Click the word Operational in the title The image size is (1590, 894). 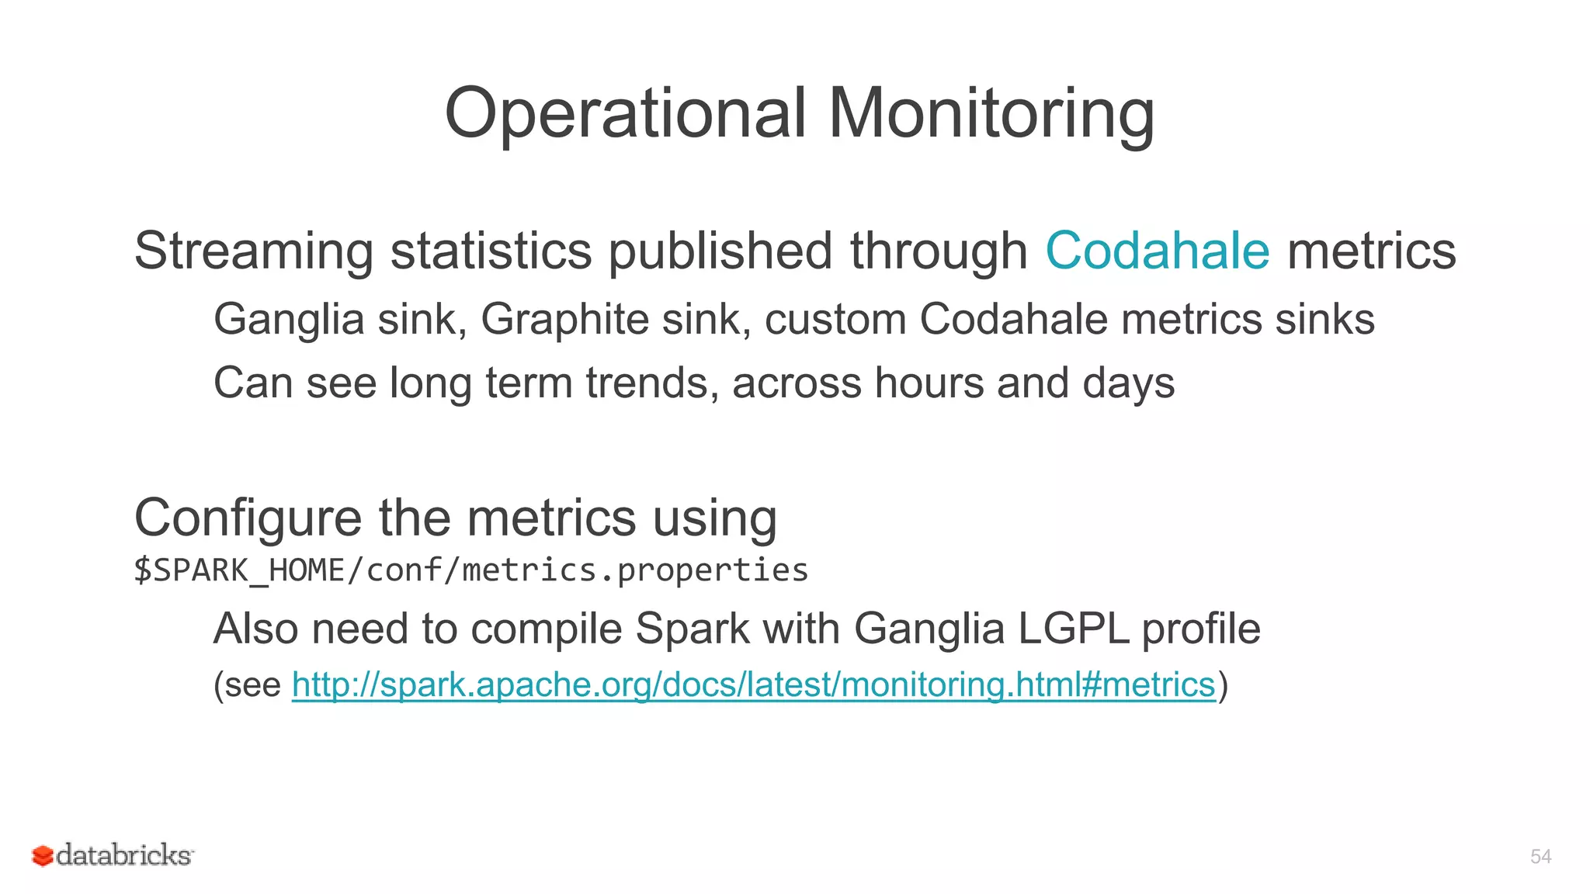tap(626, 113)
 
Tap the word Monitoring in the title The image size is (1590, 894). tap(991, 113)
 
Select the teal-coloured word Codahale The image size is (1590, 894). tap(1158, 251)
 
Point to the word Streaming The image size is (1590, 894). tap(254, 251)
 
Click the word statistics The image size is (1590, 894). tap(491, 251)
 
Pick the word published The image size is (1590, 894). tap(720, 251)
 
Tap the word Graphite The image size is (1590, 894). tap(564, 319)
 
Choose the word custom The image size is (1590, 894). tap(835, 319)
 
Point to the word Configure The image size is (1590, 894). tap(248, 518)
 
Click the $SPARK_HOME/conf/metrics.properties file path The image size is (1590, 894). tap(471, 570)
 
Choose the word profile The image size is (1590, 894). tap(1201, 628)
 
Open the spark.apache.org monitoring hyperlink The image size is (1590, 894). tap(753, 684)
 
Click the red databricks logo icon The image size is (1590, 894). tap(42, 856)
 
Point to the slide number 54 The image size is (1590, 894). tap(1540, 857)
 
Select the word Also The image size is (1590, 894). tap(255, 628)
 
